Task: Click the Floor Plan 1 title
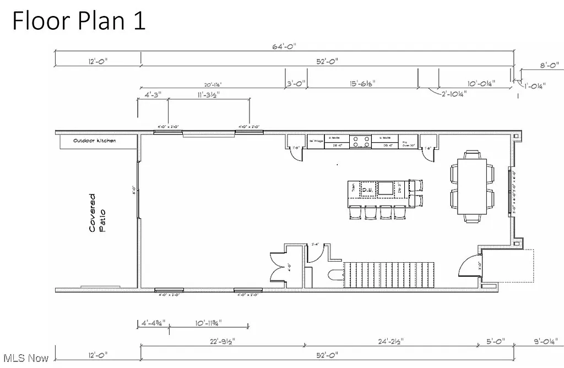click(79, 21)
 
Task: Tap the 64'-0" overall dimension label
click(284, 46)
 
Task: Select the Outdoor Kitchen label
click(95, 141)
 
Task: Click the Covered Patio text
click(96, 212)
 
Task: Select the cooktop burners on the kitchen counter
click(360, 141)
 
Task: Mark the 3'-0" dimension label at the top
click(296, 84)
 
